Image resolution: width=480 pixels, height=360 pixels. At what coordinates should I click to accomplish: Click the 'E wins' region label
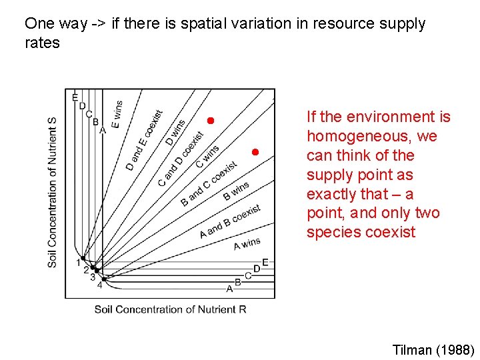point(117,114)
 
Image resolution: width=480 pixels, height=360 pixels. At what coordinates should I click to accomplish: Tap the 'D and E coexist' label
point(145,140)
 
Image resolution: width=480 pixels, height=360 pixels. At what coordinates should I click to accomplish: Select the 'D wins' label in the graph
point(176,133)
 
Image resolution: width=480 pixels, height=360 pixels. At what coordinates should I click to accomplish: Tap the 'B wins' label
point(236,191)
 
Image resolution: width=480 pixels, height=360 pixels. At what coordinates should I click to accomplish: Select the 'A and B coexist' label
point(230,221)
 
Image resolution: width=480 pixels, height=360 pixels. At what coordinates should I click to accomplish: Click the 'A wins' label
point(247,244)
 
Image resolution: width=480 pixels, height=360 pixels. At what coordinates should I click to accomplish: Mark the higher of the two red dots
point(209,121)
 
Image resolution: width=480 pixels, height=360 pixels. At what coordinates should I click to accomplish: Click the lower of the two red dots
point(255,152)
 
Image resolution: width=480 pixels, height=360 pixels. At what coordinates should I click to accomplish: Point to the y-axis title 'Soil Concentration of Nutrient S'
point(53,193)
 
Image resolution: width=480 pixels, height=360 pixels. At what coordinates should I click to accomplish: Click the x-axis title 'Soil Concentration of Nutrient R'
point(170,309)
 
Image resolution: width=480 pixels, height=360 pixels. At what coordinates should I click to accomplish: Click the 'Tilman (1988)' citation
point(434,350)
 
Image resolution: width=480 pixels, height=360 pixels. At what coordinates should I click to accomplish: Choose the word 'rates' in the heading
point(42,43)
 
